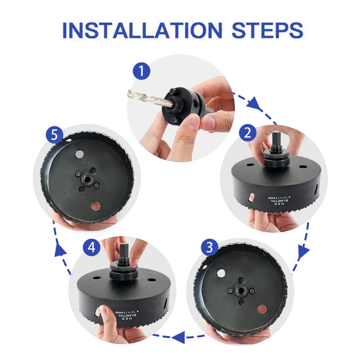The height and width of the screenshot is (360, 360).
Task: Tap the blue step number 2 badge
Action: point(247,133)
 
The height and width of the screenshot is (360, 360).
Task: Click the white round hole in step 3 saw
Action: point(221,274)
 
